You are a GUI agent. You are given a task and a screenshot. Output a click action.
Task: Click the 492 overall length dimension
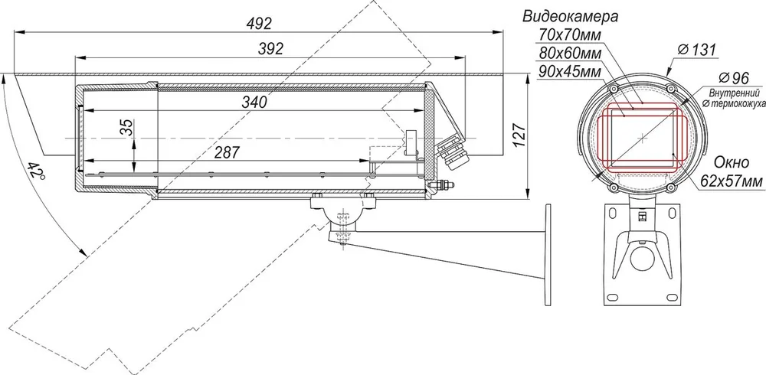(x=259, y=23)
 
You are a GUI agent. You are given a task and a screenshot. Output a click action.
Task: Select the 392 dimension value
(x=270, y=48)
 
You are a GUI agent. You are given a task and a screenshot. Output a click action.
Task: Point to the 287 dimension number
(x=228, y=152)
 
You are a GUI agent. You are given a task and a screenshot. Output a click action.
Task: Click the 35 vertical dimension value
(x=126, y=127)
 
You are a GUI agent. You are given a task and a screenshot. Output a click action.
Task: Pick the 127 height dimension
(x=519, y=135)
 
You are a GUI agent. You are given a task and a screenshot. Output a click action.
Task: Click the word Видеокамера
(x=570, y=17)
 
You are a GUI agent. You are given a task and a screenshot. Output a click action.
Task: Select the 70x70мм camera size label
(x=570, y=34)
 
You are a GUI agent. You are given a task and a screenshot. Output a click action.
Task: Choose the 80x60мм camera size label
(x=570, y=53)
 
